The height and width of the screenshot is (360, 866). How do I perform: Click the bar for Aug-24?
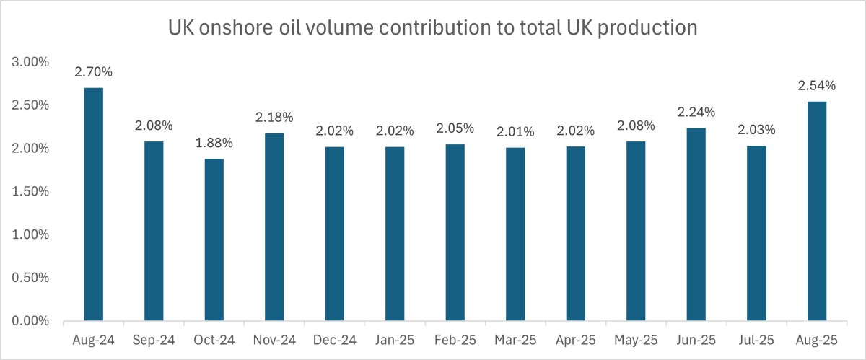94,204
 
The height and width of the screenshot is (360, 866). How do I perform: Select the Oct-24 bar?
214,240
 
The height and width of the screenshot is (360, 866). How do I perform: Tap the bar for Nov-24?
274,227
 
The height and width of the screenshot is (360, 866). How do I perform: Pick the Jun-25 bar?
696,224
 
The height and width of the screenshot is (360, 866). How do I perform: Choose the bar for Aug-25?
816,211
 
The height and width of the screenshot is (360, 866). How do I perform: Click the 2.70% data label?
94,72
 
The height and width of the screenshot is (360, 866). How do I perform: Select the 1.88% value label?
214,143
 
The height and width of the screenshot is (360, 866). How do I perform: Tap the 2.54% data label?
816,86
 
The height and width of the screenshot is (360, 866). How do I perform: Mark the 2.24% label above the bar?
696,112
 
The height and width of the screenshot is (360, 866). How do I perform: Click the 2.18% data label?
274,117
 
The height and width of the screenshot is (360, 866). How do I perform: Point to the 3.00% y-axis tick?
31,62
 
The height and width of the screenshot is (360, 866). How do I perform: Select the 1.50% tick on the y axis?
31,192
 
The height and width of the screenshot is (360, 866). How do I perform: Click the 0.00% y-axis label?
31,321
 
